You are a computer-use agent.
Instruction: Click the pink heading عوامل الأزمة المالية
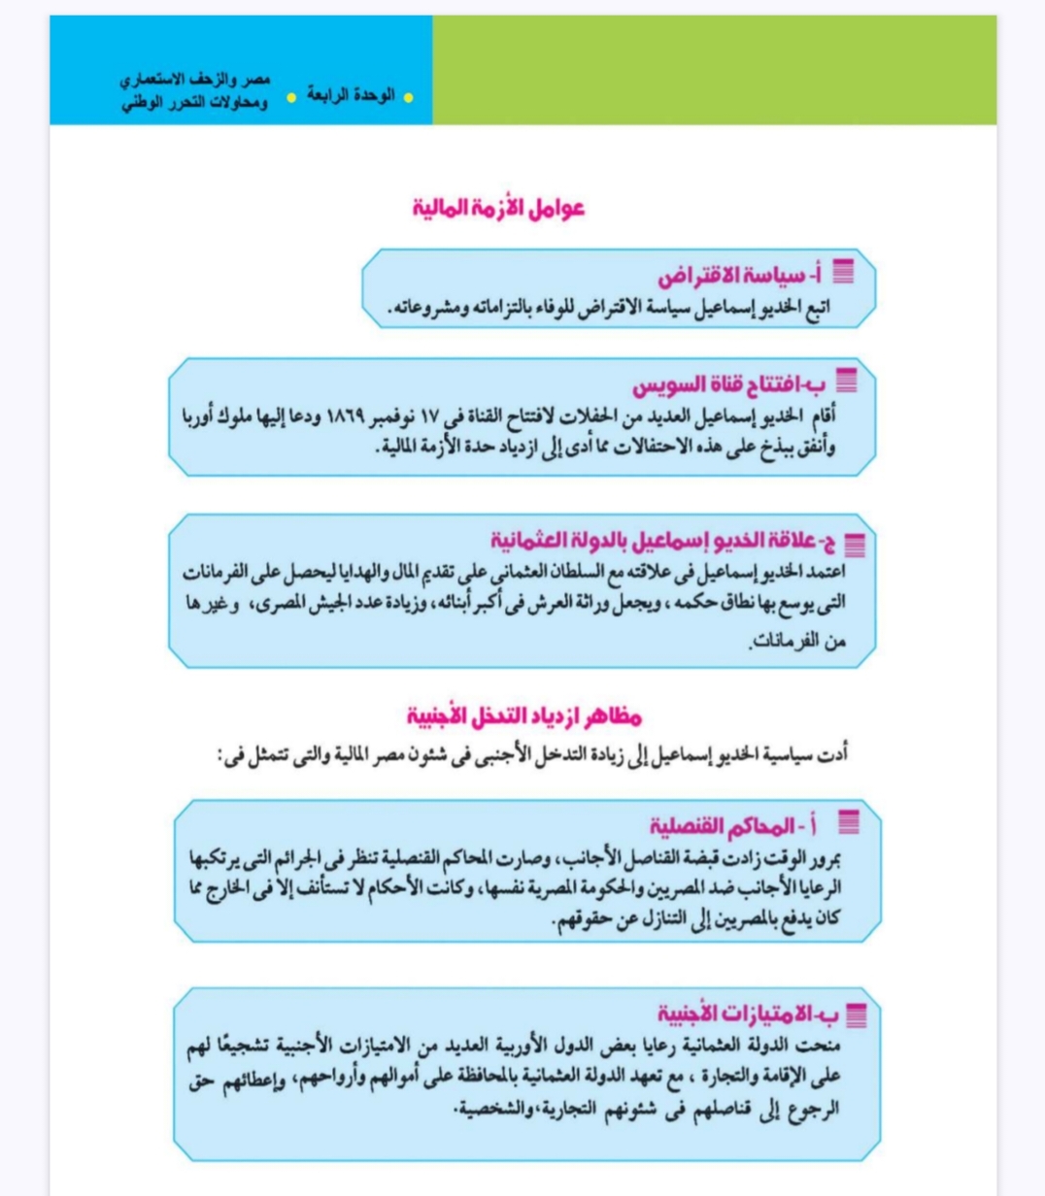click(x=499, y=208)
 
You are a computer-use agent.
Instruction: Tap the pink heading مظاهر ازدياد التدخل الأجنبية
click(x=524, y=716)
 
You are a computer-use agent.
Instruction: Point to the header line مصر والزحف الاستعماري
click(x=195, y=79)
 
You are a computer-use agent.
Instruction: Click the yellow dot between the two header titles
click(x=290, y=97)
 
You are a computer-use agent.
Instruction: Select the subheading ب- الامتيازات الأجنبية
click(x=747, y=1014)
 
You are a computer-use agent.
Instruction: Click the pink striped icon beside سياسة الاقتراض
click(x=843, y=273)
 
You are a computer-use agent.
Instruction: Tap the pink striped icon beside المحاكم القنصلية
click(x=848, y=824)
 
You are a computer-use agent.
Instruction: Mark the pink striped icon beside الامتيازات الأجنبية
click(x=856, y=1015)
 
